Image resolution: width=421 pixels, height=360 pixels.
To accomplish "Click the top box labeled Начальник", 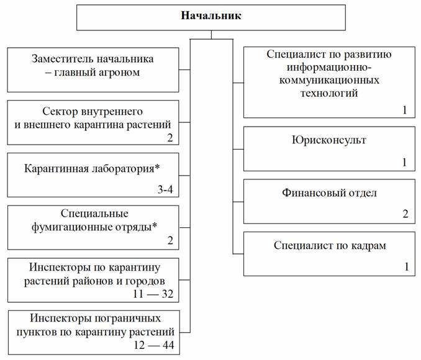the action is [210, 17].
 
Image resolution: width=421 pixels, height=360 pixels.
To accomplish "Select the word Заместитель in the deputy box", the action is [63, 59].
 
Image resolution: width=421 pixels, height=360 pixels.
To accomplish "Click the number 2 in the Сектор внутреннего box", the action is [170, 138].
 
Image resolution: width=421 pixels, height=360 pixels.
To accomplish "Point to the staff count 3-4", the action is [165, 189].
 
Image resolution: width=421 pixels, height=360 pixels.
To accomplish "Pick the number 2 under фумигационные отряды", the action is [170, 240].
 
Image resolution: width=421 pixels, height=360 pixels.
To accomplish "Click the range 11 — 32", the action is [153, 294].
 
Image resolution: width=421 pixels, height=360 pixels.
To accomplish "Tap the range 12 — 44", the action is [154, 345].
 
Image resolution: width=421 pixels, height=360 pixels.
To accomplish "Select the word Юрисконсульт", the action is [329, 140].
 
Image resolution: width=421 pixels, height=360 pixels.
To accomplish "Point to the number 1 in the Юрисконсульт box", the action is [405, 162].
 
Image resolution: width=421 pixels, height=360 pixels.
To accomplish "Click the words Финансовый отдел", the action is [329, 193].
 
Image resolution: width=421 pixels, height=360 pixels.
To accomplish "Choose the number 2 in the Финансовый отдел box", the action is [405, 214].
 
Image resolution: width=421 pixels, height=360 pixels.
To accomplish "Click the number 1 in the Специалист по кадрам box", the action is [407, 266].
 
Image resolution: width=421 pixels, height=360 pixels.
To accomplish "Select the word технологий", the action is [329, 94].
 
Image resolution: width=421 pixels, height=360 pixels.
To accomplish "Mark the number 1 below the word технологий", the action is [405, 110].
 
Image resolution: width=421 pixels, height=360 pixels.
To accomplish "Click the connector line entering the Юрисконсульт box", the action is [238, 149].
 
